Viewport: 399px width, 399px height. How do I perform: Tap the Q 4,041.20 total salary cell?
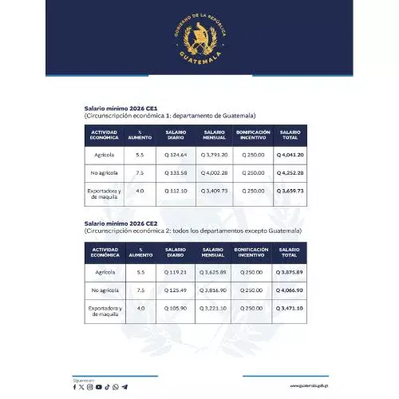pyautogui.click(x=290, y=154)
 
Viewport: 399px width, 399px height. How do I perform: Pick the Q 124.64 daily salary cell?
pyautogui.click(x=176, y=154)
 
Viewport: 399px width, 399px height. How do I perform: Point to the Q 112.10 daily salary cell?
pyautogui.click(x=176, y=192)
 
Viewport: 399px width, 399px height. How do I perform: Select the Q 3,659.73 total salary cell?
pyautogui.click(x=290, y=192)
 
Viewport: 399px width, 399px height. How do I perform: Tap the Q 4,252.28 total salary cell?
pyautogui.click(x=290, y=172)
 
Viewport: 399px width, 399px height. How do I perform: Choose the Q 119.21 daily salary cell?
pyautogui.click(x=176, y=272)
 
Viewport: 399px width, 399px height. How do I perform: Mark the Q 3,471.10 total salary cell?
pyautogui.click(x=290, y=308)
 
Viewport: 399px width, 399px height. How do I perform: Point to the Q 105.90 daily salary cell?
pyautogui.click(x=176, y=308)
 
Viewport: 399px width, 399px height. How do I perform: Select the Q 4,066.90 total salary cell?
pyautogui.click(x=290, y=290)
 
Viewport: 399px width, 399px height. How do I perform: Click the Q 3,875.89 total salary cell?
pyautogui.click(x=290, y=272)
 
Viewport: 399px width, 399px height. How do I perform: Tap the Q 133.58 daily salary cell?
pyautogui.click(x=176, y=172)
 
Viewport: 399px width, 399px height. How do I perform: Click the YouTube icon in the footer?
pyautogui.click(x=98, y=387)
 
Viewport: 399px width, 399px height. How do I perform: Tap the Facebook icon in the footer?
pyautogui.click(x=75, y=387)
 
